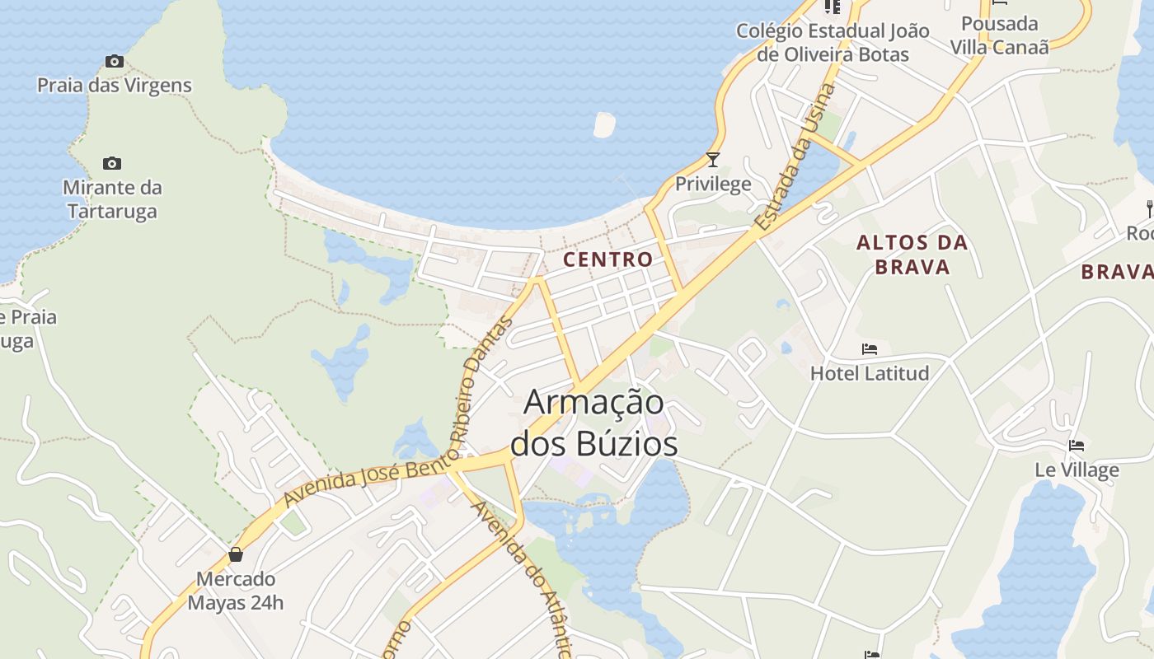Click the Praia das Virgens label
tap(114, 85)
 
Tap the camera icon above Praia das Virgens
tap(114, 61)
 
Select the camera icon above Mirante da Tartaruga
tap(112, 163)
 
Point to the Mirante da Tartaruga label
tap(113, 199)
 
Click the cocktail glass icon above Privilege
tap(713, 160)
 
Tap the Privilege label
tap(713, 184)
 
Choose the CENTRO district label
tap(608, 259)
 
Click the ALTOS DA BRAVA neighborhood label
tap(912, 255)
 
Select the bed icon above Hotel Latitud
tap(870, 349)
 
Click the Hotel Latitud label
tap(870, 373)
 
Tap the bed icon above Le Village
tap(1077, 446)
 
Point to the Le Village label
tap(1077, 470)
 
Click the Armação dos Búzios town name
tap(594, 423)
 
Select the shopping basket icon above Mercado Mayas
tap(236, 554)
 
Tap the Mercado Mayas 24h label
tap(236, 591)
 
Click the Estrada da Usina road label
tap(795, 157)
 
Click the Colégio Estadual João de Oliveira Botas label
tap(833, 43)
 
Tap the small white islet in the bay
tap(604, 124)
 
